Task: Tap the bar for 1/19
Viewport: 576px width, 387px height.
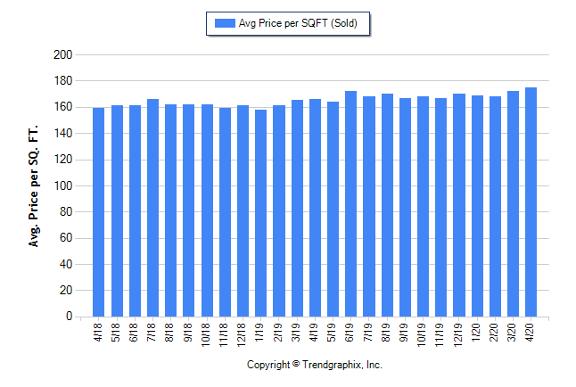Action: click(x=260, y=213)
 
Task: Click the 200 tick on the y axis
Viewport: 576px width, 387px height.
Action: click(x=62, y=55)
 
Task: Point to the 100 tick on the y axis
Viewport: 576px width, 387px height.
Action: click(x=62, y=185)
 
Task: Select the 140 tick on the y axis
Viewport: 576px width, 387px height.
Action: click(x=62, y=134)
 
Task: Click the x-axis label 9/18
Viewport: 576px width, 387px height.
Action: click(x=188, y=331)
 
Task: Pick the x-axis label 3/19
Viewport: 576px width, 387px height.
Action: click(x=296, y=331)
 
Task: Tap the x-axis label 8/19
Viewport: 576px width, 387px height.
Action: click(x=386, y=331)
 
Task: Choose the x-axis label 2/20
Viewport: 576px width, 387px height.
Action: click(x=494, y=331)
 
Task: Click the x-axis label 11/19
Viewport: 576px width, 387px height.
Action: click(x=440, y=333)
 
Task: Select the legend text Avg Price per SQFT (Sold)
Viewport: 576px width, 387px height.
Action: click(x=298, y=23)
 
